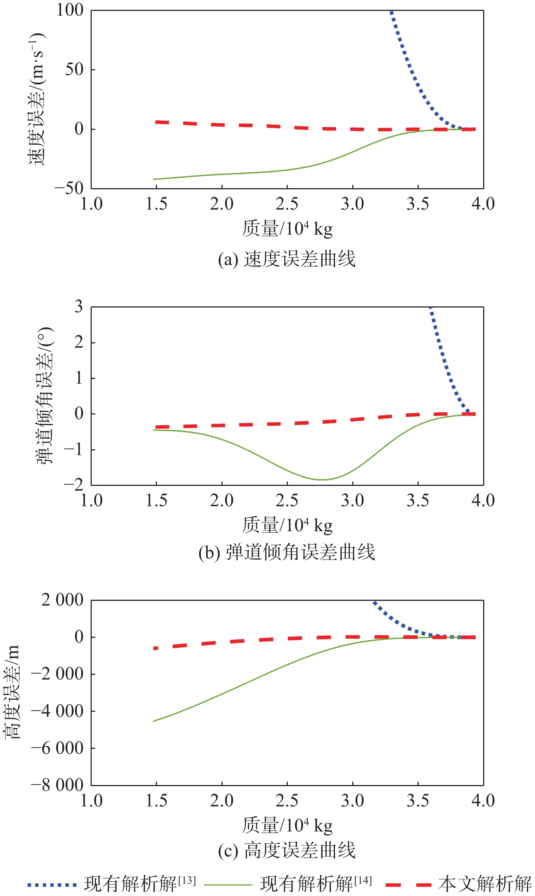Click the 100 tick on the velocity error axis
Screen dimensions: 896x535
[70, 10]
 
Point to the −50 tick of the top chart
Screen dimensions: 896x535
[69, 188]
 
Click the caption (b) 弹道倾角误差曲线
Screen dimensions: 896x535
[287, 552]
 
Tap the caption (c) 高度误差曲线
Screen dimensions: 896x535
[287, 850]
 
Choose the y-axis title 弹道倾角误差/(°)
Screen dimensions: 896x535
[45, 396]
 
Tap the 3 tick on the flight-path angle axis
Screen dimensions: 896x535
[79, 307]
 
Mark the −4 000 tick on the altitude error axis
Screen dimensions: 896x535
[58, 711]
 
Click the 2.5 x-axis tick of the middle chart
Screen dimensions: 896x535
[287, 500]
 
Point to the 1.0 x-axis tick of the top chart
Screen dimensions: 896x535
[91, 204]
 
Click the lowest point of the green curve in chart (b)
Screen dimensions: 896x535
[322, 480]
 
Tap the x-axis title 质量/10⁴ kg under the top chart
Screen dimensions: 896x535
[287, 228]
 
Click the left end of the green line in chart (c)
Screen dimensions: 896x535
[154, 721]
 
